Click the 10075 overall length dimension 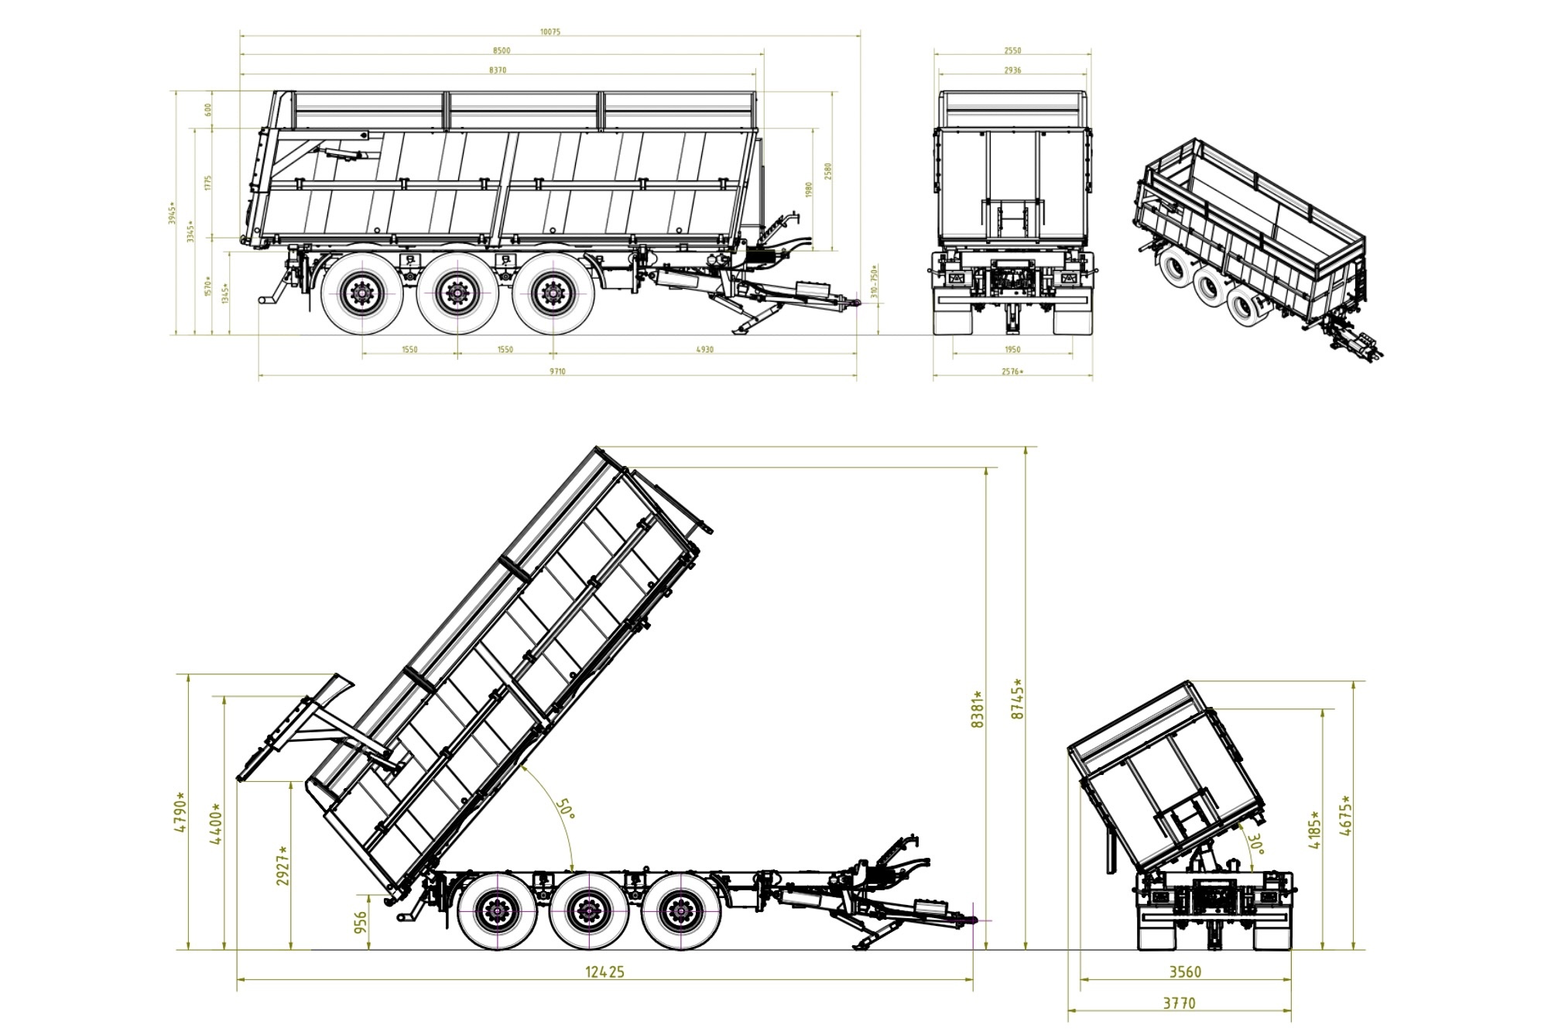[x=550, y=32]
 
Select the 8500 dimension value [x=501, y=50]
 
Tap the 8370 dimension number [x=498, y=70]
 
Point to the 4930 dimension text [x=704, y=349]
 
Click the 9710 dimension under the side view [x=557, y=372]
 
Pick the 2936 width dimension [x=1012, y=70]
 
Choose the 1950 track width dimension [x=1012, y=349]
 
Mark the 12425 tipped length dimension [x=604, y=972]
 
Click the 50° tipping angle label [x=566, y=809]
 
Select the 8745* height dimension [x=1018, y=699]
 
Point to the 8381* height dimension [x=978, y=709]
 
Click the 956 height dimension [x=361, y=922]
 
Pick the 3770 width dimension [x=1179, y=1003]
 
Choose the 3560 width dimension [x=1185, y=972]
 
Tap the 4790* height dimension [x=180, y=811]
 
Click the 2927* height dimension [x=283, y=866]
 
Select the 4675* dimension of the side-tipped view [x=1346, y=815]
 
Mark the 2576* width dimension [x=1012, y=372]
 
